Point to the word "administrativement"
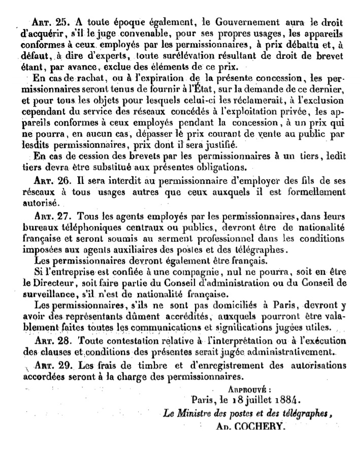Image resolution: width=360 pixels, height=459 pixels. click(x=295, y=351)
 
